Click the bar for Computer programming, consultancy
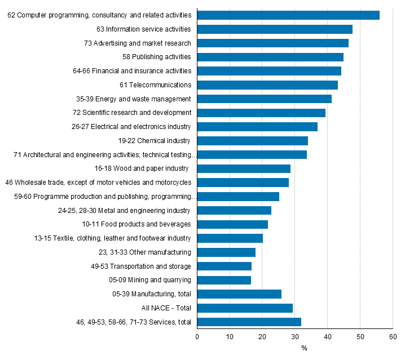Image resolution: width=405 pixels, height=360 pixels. point(288,15)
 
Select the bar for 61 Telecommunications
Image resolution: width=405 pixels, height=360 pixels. point(267,85)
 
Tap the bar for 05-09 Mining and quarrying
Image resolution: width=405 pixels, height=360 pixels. point(224,280)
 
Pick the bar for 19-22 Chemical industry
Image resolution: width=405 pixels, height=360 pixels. point(252,141)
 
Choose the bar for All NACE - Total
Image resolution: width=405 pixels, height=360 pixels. point(245,308)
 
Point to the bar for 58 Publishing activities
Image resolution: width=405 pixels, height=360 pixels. point(270,57)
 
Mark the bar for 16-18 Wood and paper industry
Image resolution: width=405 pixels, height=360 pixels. point(244,168)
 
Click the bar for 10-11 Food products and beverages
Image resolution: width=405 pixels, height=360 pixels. point(232,224)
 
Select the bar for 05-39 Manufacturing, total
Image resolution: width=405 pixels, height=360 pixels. point(239,294)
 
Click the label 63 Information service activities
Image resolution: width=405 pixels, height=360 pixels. point(144,29)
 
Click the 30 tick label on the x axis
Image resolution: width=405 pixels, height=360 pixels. point(295,336)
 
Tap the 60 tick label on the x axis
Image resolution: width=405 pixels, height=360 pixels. point(393,336)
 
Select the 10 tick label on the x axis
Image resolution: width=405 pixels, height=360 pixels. point(230,336)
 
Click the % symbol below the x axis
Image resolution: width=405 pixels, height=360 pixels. point(304,348)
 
